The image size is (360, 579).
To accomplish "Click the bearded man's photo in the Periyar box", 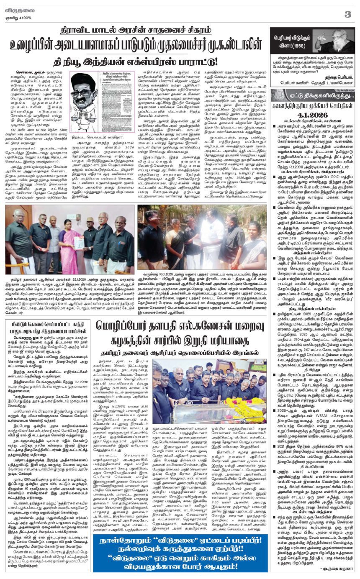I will [x=331, y=41].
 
